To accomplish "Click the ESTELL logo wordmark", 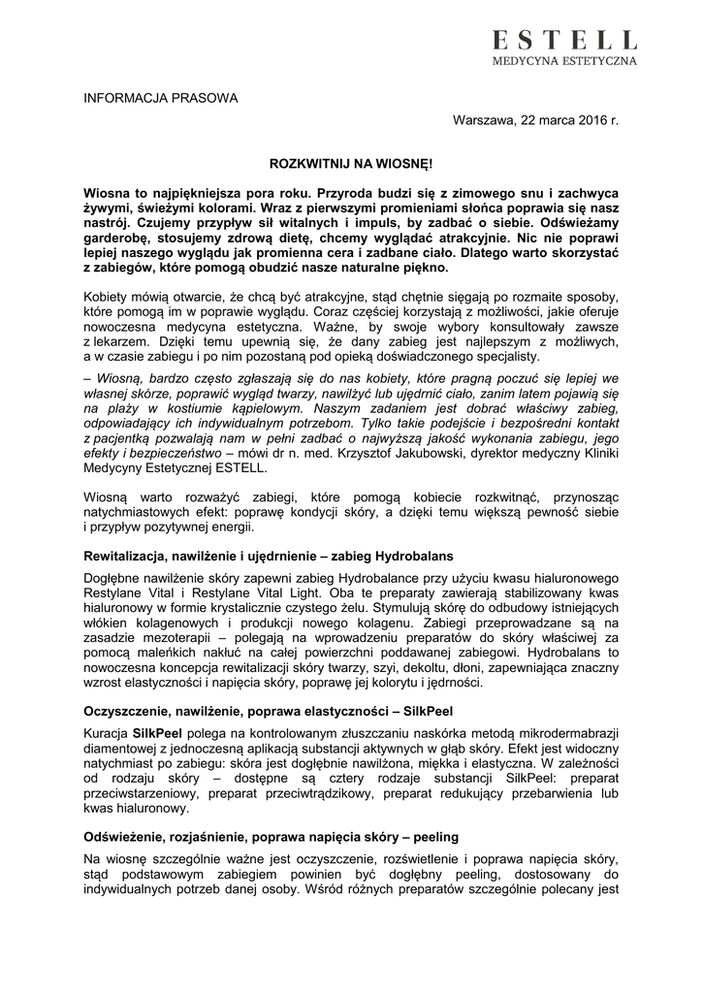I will [563, 40].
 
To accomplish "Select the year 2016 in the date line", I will [586, 120].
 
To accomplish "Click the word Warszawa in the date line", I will [486, 120].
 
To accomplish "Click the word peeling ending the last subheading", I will [437, 835].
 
